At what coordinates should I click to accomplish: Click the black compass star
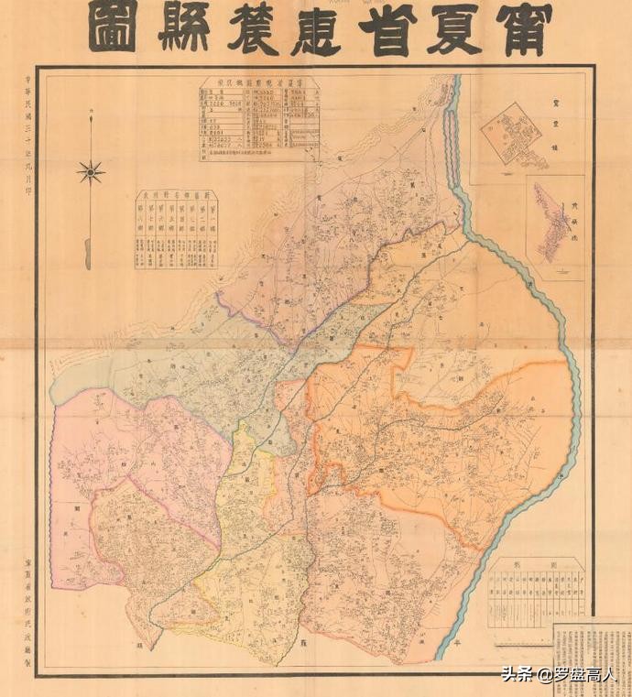[91, 171]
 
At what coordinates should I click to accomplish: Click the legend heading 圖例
[536, 566]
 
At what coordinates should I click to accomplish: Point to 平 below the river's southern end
[456, 644]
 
